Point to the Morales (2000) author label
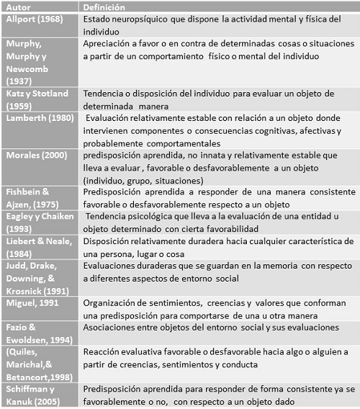point(36,155)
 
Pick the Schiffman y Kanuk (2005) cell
point(33,394)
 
